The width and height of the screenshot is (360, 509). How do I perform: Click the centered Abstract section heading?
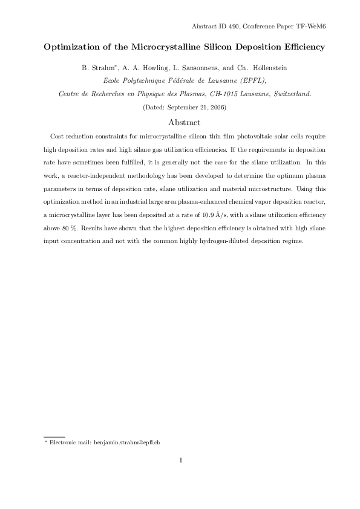[180, 122]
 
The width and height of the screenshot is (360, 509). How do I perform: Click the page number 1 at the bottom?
[180, 461]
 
